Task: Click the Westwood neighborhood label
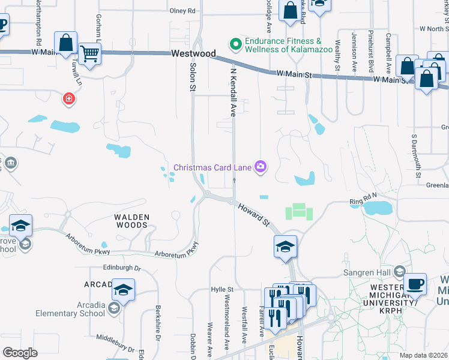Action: pyautogui.click(x=193, y=53)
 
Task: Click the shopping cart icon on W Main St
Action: pyautogui.click(x=90, y=54)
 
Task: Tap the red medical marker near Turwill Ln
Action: pyautogui.click(x=70, y=97)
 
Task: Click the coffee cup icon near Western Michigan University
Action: pyautogui.click(x=415, y=284)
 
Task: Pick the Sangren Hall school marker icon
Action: pyautogui.click(x=399, y=272)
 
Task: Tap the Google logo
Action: pyautogui.click(x=20, y=353)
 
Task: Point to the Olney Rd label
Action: pyautogui.click(x=183, y=11)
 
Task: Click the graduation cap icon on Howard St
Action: pyautogui.click(x=285, y=246)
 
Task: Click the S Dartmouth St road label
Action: pyautogui.click(x=414, y=151)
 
